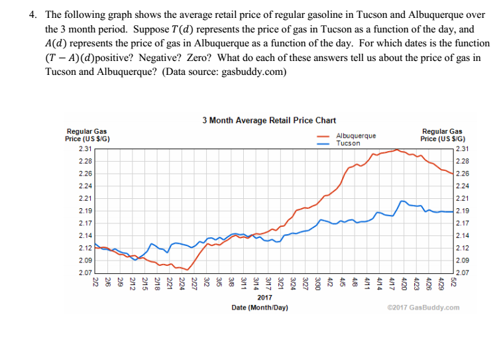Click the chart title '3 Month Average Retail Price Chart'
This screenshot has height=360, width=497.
pos(269,120)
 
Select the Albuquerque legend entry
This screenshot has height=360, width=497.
pos(355,136)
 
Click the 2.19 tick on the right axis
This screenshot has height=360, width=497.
pos(464,210)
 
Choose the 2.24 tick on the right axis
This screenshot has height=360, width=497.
pos(464,186)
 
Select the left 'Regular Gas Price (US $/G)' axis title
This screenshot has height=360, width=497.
pos(87,135)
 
